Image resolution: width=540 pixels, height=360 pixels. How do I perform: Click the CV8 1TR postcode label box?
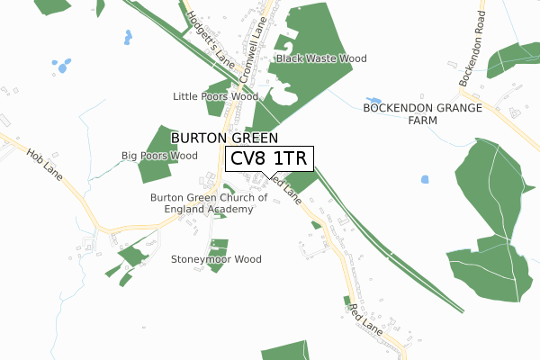(x=269, y=159)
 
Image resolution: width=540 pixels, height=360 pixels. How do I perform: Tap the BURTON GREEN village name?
(x=224, y=138)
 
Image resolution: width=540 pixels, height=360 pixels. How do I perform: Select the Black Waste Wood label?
(x=321, y=58)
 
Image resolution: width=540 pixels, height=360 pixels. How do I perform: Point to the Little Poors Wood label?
(x=215, y=96)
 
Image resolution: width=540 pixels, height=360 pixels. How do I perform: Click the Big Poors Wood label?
(x=159, y=156)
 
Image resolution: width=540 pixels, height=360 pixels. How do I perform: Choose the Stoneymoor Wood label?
(x=216, y=259)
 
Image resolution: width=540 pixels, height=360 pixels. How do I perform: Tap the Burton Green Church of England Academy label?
(x=209, y=203)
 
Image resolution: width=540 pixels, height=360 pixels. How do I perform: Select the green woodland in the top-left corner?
(x=54, y=4)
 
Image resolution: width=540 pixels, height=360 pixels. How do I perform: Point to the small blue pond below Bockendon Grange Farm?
(x=425, y=179)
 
